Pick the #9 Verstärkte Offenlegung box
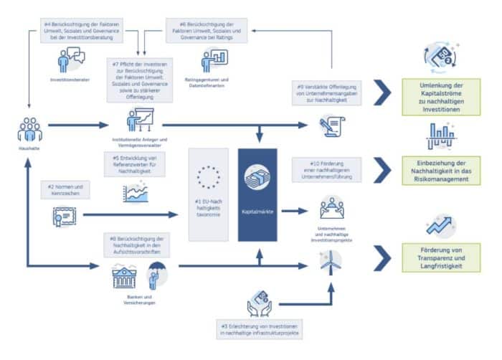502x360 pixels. [329, 95]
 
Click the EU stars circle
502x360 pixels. [209, 177]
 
